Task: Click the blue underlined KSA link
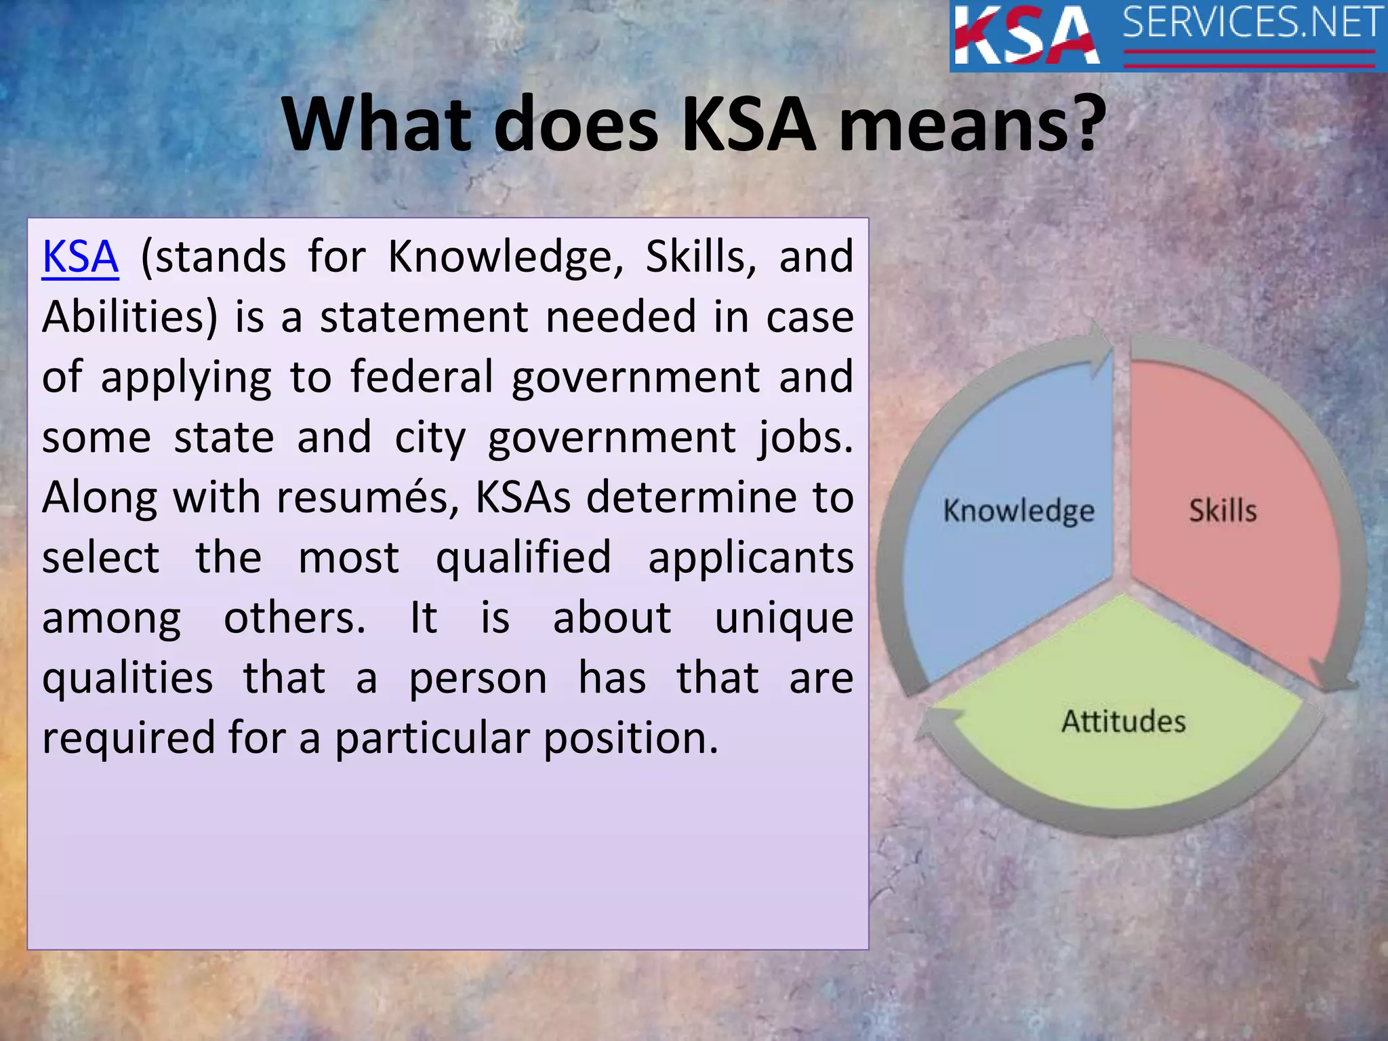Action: (x=80, y=257)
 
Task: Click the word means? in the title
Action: (x=972, y=125)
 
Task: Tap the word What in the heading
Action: (x=375, y=125)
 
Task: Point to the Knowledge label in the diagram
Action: (x=1018, y=511)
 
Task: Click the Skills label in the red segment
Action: (x=1223, y=511)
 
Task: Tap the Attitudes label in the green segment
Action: (x=1123, y=721)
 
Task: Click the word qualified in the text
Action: (x=523, y=558)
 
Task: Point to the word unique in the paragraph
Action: (x=783, y=619)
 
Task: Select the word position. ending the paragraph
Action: (x=630, y=738)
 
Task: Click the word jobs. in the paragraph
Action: (x=805, y=438)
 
